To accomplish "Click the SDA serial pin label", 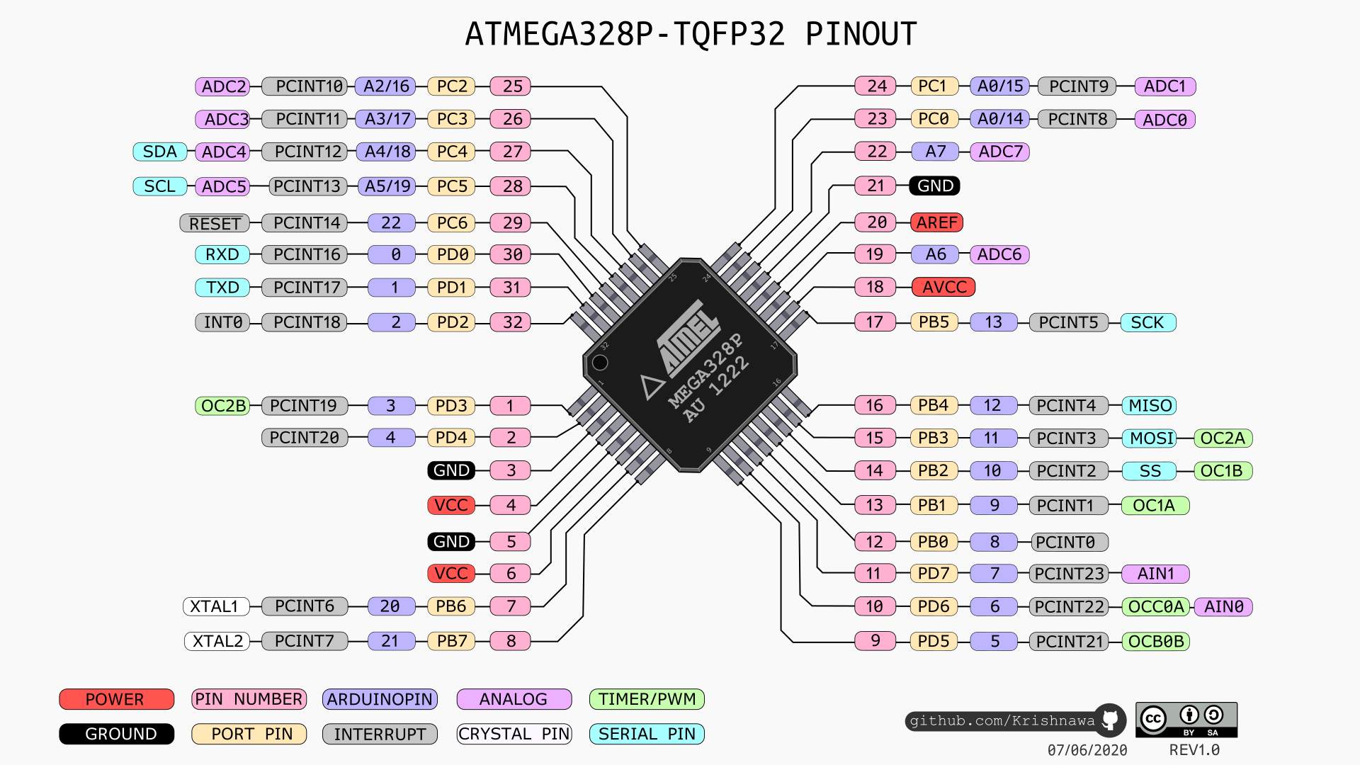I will pos(160,152).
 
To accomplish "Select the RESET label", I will pos(215,224).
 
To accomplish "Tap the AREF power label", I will pos(936,222).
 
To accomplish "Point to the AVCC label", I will pos(943,287).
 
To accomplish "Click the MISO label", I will pos(1149,405).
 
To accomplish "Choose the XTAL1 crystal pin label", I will pos(217,606).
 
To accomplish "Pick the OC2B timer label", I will pos(223,405).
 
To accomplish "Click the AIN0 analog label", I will pos(1223,606).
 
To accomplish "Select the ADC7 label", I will pos(1000,152).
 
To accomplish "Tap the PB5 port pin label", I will pos(934,322).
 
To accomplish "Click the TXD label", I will pos(222,287).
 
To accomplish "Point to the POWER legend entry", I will pos(116,699).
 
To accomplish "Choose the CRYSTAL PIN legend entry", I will pos(514,734).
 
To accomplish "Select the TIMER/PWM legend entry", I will pos(647,699).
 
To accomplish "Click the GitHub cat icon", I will pos(1110,720).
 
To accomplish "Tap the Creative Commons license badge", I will pos(1186,720).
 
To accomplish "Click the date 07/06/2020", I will pos(1087,750).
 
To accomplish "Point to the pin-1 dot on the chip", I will pos(600,363).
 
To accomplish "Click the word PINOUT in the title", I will pos(861,34).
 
